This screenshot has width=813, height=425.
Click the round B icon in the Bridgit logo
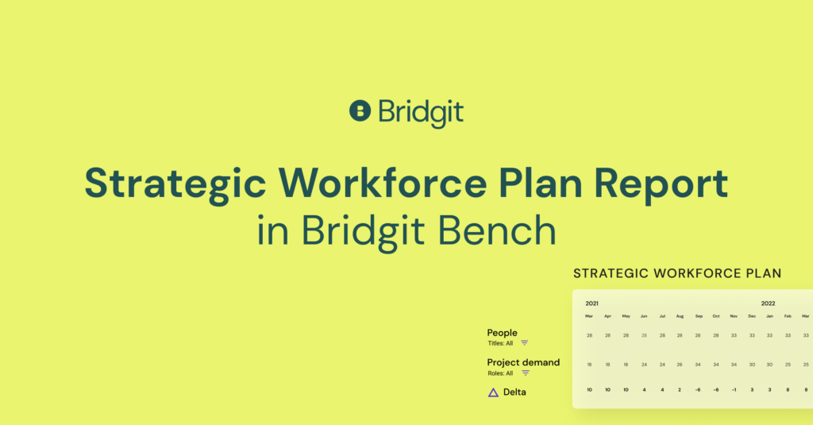click(x=360, y=110)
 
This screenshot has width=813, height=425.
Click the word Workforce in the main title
click(x=383, y=184)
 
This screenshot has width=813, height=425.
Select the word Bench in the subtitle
click(x=497, y=230)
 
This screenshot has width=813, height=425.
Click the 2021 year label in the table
click(x=591, y=303)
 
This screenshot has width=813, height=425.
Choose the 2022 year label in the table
click(x=768, y=303)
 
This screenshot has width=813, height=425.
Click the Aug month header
click(x=680, y=316)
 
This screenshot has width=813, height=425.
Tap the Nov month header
click(x=734, y=316)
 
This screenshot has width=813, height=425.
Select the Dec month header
click(x=752, y=316)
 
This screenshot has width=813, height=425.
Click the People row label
click(x=502, y=333)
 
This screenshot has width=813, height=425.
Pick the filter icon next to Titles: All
click(x=524, y=343)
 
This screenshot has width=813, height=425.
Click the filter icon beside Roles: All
click(x=526, y=373)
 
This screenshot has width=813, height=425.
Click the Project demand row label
click(x=523, y=363)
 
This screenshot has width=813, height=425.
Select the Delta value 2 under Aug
click(x=680, y=390)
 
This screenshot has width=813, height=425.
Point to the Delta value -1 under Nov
click(x=734, y=390)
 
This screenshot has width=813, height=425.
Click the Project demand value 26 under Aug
click(x=680, y=365)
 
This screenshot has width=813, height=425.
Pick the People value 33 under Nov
click(x=734, y=336)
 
